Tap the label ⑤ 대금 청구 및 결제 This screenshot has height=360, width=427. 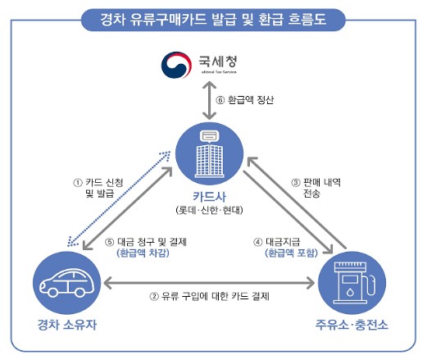click(x=148, y=242)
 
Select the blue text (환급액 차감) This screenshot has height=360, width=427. click(x=148, y=254)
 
